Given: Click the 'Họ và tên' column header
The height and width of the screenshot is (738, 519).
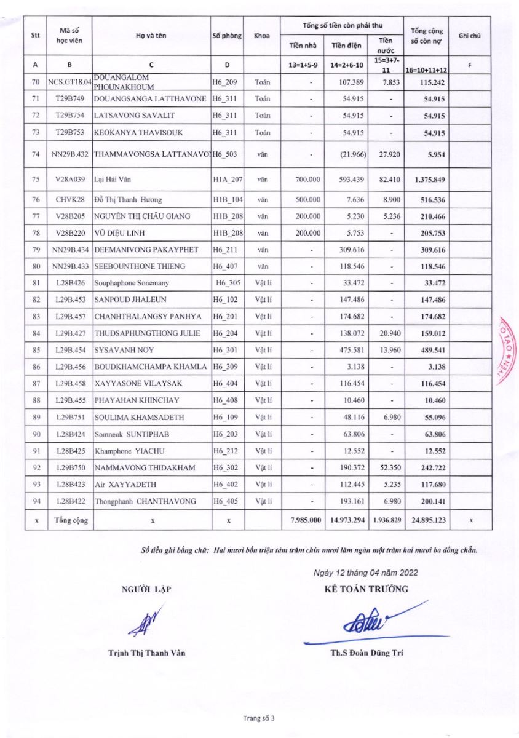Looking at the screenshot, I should click(152, 36).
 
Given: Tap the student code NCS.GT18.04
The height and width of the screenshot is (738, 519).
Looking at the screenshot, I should click(69, 82).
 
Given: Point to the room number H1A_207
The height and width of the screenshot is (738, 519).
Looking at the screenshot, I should click(228, 180).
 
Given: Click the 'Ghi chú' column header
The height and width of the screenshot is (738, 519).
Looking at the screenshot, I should click(470, 36).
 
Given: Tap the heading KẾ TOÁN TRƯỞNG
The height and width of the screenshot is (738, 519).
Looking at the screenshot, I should click(366, 589).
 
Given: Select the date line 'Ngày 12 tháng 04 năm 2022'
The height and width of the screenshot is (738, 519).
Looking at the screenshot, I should click(366, 573).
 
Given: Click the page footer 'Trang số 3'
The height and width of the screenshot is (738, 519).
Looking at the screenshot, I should click(259, 718).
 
